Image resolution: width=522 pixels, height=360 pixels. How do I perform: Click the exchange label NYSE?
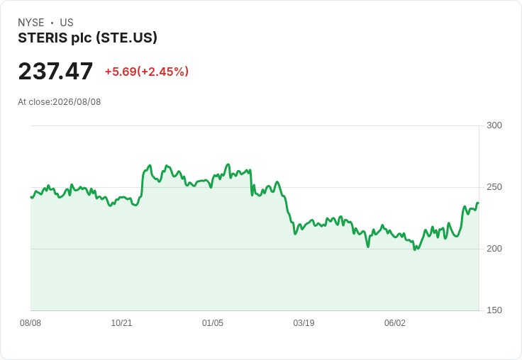pyautogui.click(x=31, y=23)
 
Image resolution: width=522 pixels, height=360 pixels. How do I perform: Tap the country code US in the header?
pyautogui.click(x=67, y=23)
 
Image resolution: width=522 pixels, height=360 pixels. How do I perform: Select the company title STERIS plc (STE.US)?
pyautogui.click(x=87, y=38)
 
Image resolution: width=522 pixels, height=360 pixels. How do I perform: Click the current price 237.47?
pyautogui.click(x=55, y=71)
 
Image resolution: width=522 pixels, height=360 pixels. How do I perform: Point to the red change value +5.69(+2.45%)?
pyautogui.click(x=147, y=72)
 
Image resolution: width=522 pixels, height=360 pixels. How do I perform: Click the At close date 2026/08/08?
pyautogui.click(x=77, y=102)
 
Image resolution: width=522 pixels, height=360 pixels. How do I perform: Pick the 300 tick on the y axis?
pyautogui.click(x=494, y=125)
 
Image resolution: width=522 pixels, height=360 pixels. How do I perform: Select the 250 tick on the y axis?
pyautogui.click(x=494, y=187)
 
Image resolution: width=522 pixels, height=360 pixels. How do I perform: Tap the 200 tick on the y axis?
pyautogui.click(x=494, y=249)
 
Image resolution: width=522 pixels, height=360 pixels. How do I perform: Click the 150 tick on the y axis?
pyautogui.click(x=494, y=310)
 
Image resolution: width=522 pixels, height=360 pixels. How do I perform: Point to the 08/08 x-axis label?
pyautogui.click(x=30, y=323)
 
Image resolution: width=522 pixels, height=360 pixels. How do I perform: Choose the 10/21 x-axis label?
pyautogui.click(x=121, y=323)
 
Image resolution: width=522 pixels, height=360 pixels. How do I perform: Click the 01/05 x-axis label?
pyautogui.click(x=213, y=323)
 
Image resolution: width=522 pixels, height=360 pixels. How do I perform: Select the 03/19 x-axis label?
pyautogui.click(x=304, y=323)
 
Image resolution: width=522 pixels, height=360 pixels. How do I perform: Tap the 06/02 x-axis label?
pyautogui.click(x=395, y=323)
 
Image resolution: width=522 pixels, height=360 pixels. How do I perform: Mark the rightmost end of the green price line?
pyautogui.click(x=479, y=203)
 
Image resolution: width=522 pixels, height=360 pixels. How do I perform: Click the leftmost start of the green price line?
pyautogui.click(x=31, y=197)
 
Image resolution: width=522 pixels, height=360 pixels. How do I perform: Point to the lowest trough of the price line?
pyautogui.click(x=415, y=249)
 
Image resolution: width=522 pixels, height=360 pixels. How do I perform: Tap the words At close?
pyautogui.click(x=34, y=102)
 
